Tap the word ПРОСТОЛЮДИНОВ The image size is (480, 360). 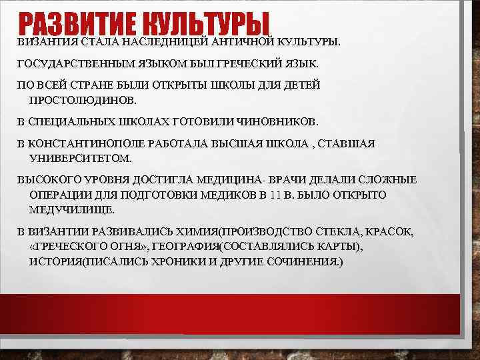tap(82, 99)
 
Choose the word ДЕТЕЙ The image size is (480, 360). tap(301, 86)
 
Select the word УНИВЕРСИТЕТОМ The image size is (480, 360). tap(81, 158)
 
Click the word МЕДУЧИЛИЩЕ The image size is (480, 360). tap(72, 209)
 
